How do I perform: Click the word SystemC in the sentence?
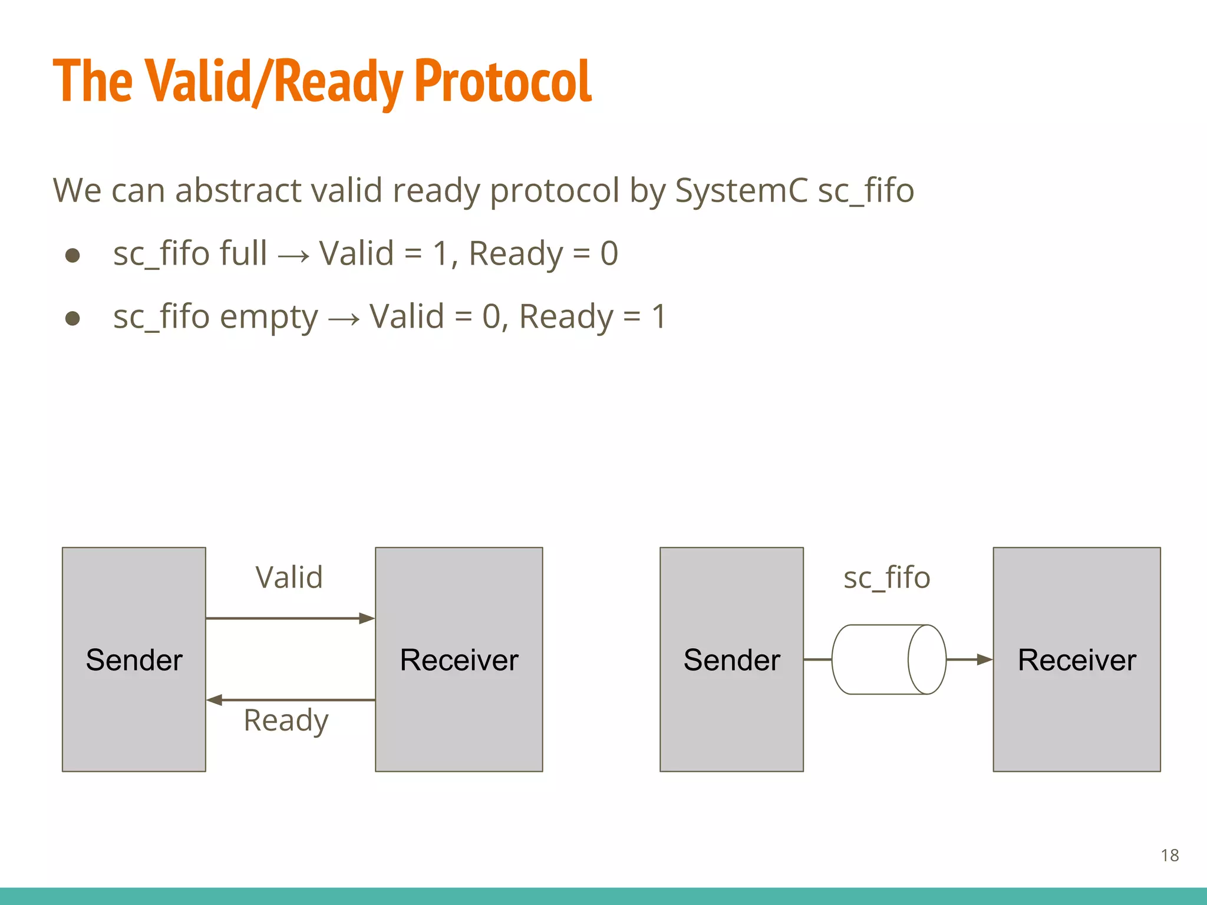tap(741, 190)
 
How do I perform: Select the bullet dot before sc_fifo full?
tap(72, 255)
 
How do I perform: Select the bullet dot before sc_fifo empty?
tap(72, 319)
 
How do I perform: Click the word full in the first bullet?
tap(243, 253)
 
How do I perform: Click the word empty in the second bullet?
tap(269, 317)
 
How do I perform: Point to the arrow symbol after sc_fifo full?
tap(293, 256)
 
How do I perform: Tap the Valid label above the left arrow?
tap(289, 577)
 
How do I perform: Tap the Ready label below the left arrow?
tap(286, 720)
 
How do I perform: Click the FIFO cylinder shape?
tap(888, 659)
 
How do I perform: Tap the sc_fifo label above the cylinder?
tap(886, 577)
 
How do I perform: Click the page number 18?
tap(1169, 855)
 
